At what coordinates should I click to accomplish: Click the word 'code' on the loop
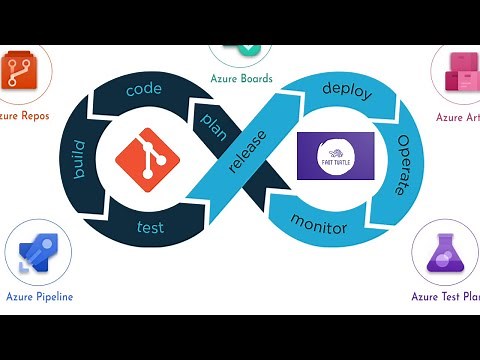[143, 89]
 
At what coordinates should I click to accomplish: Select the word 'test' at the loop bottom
[150, 227]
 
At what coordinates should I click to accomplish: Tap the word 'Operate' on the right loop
[401, 165]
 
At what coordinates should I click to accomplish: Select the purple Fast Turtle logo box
[336, 155]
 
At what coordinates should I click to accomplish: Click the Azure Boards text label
[241, 79]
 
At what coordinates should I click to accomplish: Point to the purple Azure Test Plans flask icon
[445, 253]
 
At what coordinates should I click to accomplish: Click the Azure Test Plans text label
[445, 296]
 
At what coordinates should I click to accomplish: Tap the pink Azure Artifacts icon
[461, 73]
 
